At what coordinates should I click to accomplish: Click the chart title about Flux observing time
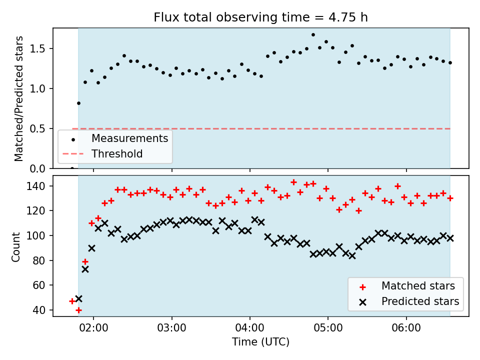pyautogui.click(x=260, y=17)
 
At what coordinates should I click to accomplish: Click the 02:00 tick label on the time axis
pyautogui.click(x=93, y=328)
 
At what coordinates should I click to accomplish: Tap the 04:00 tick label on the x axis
pyautogui.click(x=250, y=328)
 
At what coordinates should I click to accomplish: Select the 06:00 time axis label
pyautogui.click(x=406, y=328)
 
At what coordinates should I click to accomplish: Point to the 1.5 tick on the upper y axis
pyautogui.click(x=37, y=48)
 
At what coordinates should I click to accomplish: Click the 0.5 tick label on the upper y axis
pyautogui.click(x=37, y=128)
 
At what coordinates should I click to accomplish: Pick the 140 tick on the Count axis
pyautogui.click(x=35, y=186)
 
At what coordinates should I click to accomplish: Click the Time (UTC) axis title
pyautogui.click(x=260, y=341)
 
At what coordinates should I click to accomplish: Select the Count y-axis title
pyautogui.click(x=15, y=247)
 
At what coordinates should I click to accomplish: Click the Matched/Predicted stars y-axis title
pyautogui.click(x=18, y=98)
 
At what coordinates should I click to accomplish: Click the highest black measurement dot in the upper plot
pyautogui.click(x=313, y=35)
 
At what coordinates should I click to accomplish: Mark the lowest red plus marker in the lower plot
pyautogui.click(x=78, y=310)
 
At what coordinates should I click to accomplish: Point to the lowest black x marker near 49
pyautogui.click(x=78, y=298)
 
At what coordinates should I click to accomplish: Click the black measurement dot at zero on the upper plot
pyautogui.click(x=72, y=168)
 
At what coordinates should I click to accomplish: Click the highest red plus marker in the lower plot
pyautogui.click(x=293, y=182)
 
